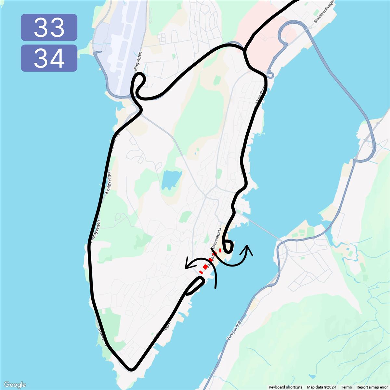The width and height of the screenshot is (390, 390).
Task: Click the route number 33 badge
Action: click(x=49, y=27)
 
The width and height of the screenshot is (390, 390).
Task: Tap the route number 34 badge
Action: click(x=49, y=58)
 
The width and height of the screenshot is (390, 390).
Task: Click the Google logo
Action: click(x=15, y=385)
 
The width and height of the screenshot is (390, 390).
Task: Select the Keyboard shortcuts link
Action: click(x=285, y=387)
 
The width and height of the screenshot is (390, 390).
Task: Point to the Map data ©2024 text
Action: click(x=321, y=387)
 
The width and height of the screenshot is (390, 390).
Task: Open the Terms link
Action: click(x=346, y=387)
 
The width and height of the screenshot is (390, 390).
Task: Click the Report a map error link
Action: click(x=372, y=387)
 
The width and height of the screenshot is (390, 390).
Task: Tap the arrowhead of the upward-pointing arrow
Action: click(x=249, y=248)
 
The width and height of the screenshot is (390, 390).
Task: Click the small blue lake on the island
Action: click(x=171, y=180)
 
